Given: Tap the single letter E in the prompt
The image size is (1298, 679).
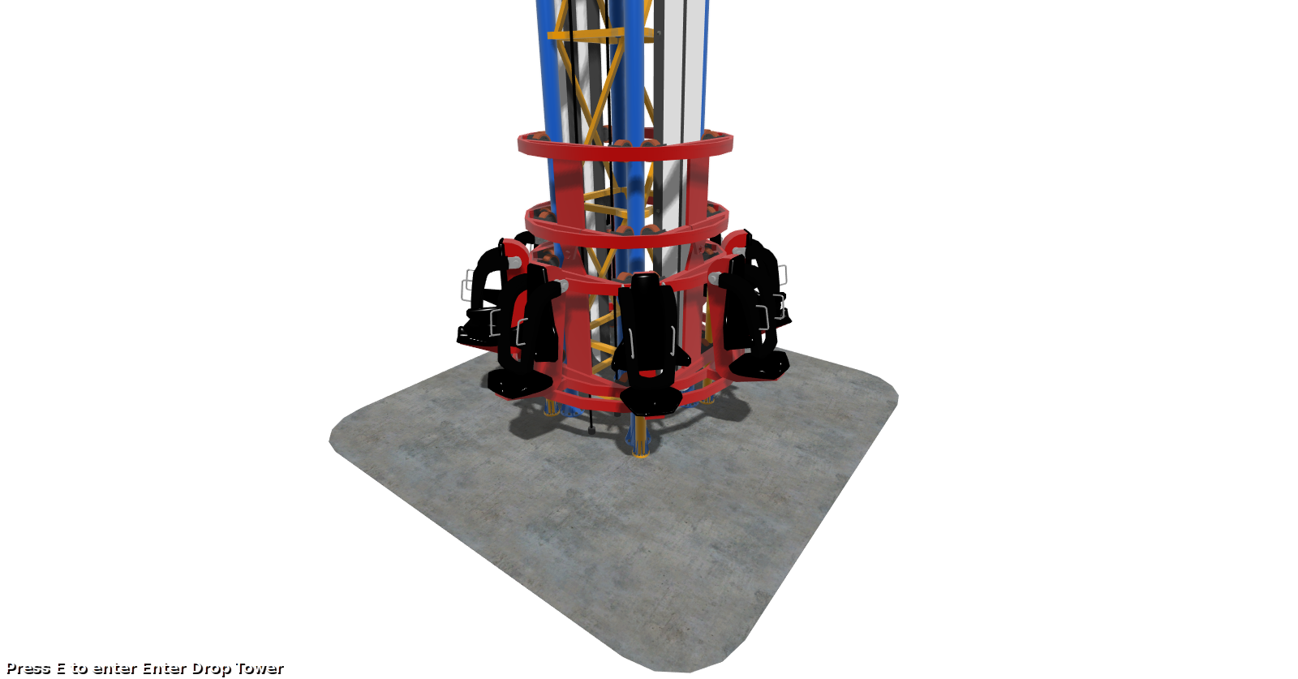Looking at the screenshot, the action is (x=61, y=668).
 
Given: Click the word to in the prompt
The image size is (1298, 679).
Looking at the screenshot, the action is (x=80, y=668).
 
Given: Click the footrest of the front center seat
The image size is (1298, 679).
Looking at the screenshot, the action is (x=650, y=401).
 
